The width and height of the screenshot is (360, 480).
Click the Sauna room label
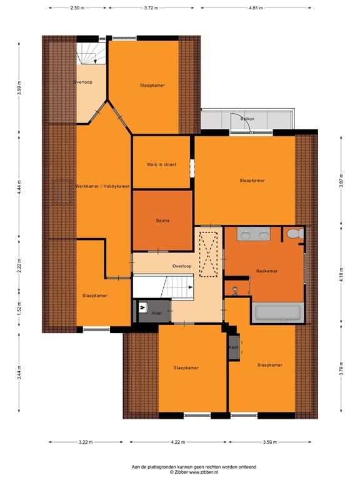(162, 221)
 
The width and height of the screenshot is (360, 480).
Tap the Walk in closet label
(161, 164)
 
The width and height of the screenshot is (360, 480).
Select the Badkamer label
(267, 271)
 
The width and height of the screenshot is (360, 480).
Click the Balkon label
(247, 119)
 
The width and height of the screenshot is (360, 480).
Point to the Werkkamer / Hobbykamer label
(102, 186)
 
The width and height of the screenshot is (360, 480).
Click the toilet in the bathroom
(295, 234)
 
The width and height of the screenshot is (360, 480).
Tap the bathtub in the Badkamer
(277, 312)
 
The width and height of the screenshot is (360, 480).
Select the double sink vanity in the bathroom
(254, 234)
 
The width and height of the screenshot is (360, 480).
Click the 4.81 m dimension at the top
(256, 8)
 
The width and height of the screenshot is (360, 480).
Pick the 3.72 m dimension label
(151, 8)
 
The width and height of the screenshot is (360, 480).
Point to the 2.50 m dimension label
(77, 8)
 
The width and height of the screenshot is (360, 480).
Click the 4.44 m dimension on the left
(19, 187)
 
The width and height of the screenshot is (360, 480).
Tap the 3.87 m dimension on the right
(341, 181)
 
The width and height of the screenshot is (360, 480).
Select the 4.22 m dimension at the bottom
(178, 442)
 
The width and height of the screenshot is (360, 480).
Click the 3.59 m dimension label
(270, 442)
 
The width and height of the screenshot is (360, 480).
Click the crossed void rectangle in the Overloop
(209, 254)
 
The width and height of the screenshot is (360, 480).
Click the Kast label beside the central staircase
(157, 313)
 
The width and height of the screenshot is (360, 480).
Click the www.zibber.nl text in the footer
(204, 472)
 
